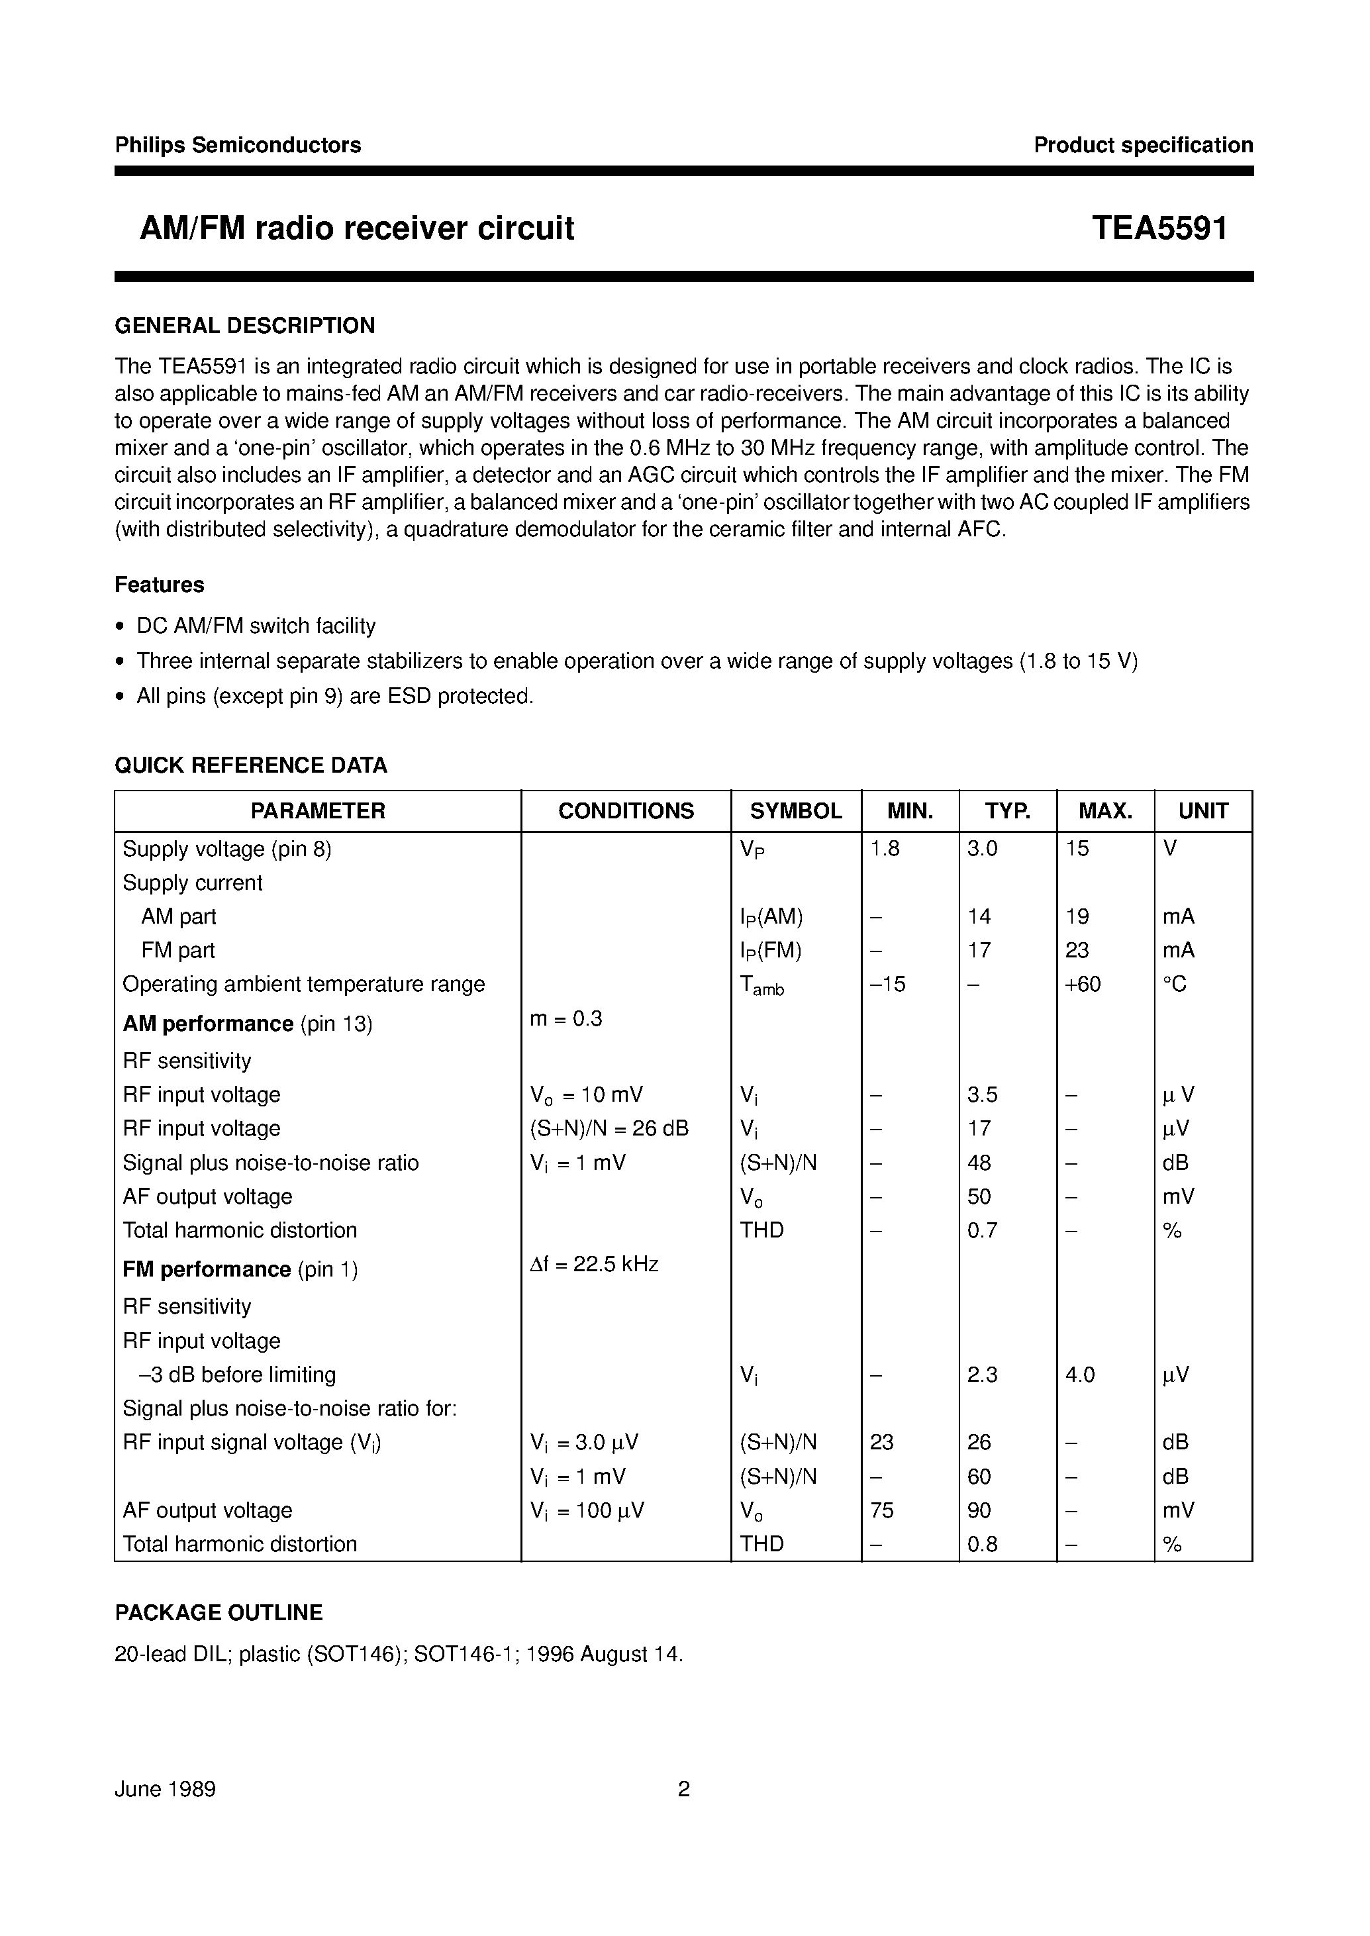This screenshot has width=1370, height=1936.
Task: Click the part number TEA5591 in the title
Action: (x=1159, y=228)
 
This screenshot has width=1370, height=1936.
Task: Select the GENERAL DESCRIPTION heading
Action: (x=244, y=326)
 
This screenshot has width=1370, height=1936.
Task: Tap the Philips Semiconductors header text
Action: (x=238, y=145)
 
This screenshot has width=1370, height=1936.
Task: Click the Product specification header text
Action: (x=1143, y=145)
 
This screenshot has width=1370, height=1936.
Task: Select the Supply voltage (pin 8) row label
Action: (x=227, y=849)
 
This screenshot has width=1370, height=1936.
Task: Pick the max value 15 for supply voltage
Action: (x=1077, y=849)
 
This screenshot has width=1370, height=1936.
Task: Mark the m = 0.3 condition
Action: (x=566, y=1019)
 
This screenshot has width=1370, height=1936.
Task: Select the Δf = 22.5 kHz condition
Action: (x=594, y=1265)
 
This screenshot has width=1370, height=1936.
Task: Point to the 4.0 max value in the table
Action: (x=1080, y=1375)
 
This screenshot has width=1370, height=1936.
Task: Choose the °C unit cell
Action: (x=1174, y=985)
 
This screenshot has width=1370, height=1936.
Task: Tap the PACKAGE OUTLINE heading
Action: (x=219, y=1613)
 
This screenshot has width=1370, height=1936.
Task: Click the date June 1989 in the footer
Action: (x=166, y=1789)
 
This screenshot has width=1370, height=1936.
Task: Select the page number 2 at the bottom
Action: (x=684, y=1789)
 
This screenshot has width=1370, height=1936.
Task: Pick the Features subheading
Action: (x=160, y=585)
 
